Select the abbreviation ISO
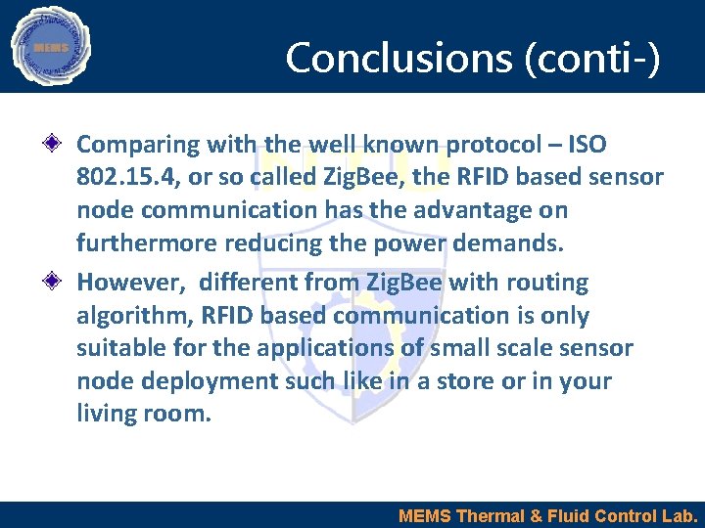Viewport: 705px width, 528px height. click(x=587, y=145)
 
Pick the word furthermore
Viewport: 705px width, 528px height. click(x=145, y=242)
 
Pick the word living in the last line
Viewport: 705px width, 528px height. click(x=102, y=415)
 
